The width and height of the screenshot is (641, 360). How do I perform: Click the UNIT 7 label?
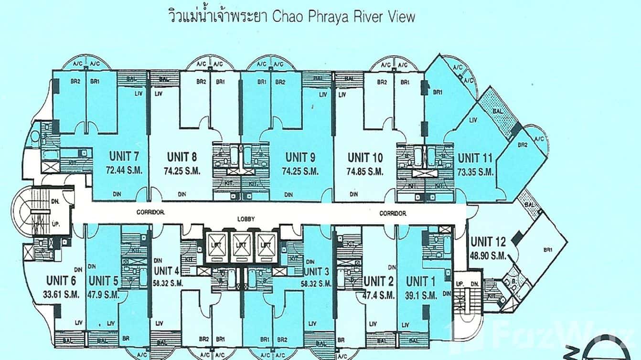[x=124, y=157]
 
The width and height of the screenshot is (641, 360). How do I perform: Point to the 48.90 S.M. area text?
[x=488, y=256]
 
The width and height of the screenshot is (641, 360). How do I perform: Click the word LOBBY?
[x=246, y=219]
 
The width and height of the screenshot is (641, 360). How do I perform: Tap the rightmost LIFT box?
[x=267, y=244]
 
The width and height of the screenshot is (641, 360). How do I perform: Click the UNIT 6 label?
[x=63, y=280]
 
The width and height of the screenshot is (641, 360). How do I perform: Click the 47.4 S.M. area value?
[x=379, y=296]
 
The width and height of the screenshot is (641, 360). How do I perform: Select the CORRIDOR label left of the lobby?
[x=150, y=213]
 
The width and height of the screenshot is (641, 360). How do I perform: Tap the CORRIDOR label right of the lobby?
[x=393, y=213]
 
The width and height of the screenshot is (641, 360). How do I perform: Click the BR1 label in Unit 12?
[x=546, y=250]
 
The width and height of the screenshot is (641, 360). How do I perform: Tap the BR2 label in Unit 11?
[x=523, y=145]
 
